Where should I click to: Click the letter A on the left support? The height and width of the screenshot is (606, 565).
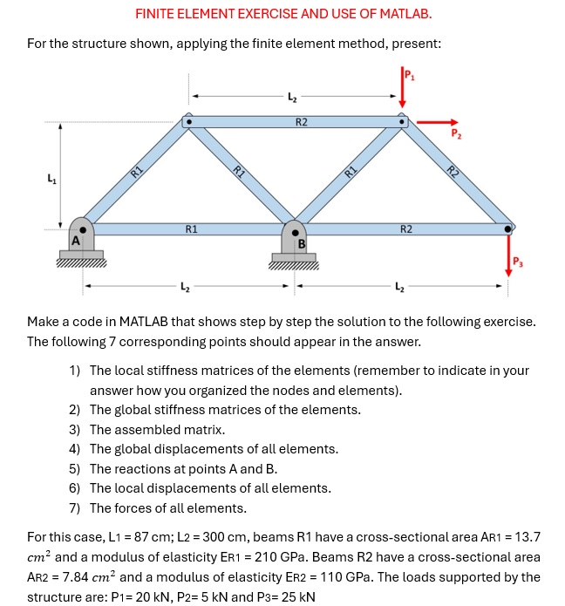point(76,240)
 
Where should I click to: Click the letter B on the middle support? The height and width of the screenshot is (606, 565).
point(302,244)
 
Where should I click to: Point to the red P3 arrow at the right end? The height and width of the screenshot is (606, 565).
point(509,253)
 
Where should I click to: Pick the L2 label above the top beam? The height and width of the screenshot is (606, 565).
point(293,98)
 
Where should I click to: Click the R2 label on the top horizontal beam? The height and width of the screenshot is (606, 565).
point(301,121)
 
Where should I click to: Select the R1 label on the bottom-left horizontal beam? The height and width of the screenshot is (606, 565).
point(191,229)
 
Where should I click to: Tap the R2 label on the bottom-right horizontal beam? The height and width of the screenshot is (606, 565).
point(406,229)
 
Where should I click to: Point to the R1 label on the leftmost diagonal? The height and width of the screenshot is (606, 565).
point(136,172)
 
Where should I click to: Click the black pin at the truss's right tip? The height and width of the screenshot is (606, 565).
point(508,229)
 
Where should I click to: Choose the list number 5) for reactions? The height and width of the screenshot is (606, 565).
point(75,468)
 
